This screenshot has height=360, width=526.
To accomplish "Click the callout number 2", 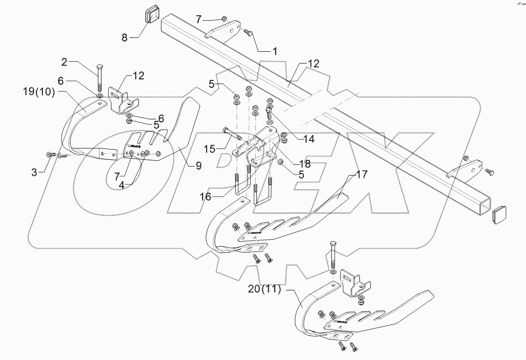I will pos(64,62).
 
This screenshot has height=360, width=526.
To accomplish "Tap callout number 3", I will pos(34,172).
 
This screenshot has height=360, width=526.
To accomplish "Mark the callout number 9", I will pos(198,166).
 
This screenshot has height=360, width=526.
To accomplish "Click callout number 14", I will pos(309,140).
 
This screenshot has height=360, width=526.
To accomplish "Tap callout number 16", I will pos(206,197).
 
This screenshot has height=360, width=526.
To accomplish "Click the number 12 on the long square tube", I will pos(314,64).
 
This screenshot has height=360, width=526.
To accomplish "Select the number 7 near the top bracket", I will pos(199,19).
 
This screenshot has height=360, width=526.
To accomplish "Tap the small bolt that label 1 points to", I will pos(247,33).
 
